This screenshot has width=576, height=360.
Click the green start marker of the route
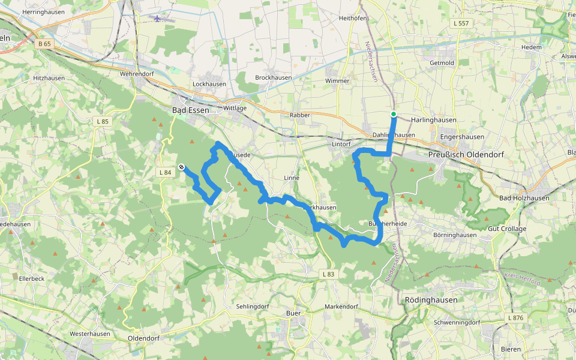(x=394, y=114)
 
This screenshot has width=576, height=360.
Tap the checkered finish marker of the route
(x=181, y=167)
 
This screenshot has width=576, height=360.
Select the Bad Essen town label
(x=191, y=110)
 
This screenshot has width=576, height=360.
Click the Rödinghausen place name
(x=431, y=300)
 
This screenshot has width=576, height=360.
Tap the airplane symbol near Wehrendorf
(x=158, y=18)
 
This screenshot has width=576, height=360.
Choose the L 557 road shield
(x=461, y=23)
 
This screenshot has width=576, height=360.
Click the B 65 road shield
(x=44, y=43)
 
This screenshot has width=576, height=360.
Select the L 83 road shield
(x=328, y=274)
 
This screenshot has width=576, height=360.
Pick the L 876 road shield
(x=515, y=317)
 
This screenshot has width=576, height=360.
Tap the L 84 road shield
(x=165, y=172)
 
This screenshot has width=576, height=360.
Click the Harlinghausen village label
(x=434, y=120)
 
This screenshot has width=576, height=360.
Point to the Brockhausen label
(x=274, y=78)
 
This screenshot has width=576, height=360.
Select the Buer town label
(x=293, y=313)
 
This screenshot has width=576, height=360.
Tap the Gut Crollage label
(x=507, y=229)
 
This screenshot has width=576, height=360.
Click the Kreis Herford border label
(x=522, y=279)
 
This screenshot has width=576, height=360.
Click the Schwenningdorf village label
(x=457, y=322)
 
